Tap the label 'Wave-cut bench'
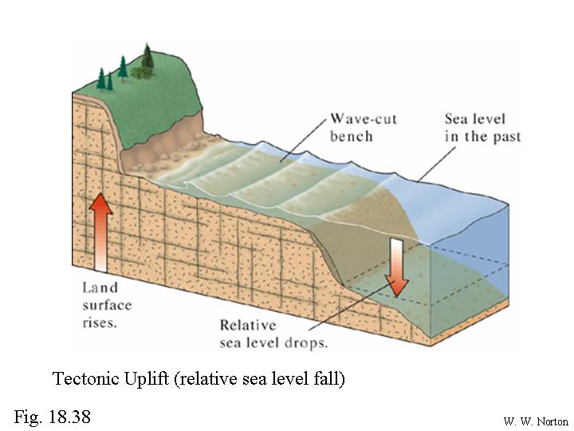point(363,128)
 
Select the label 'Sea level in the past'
point(482,128)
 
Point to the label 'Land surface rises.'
point(107,304)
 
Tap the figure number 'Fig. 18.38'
point(52,416)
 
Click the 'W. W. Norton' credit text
point(536,421)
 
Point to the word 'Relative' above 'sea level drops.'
point(249,326)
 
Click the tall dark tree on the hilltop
point(147,57)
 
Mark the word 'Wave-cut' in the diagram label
point(363,120)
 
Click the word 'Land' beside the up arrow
point(100,287)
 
